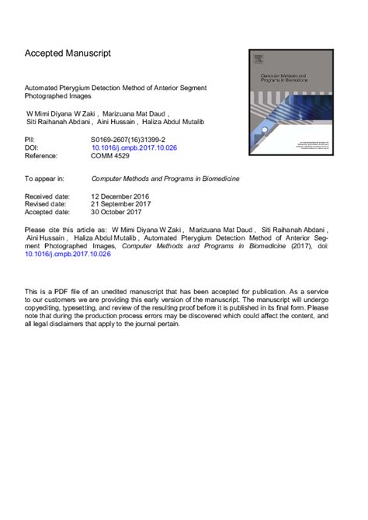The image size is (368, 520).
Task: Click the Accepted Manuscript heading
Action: point(68,54)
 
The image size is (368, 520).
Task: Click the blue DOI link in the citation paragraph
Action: point(68,254)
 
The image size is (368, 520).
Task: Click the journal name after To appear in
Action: point(165,178)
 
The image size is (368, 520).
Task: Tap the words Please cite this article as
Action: point(64,231)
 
